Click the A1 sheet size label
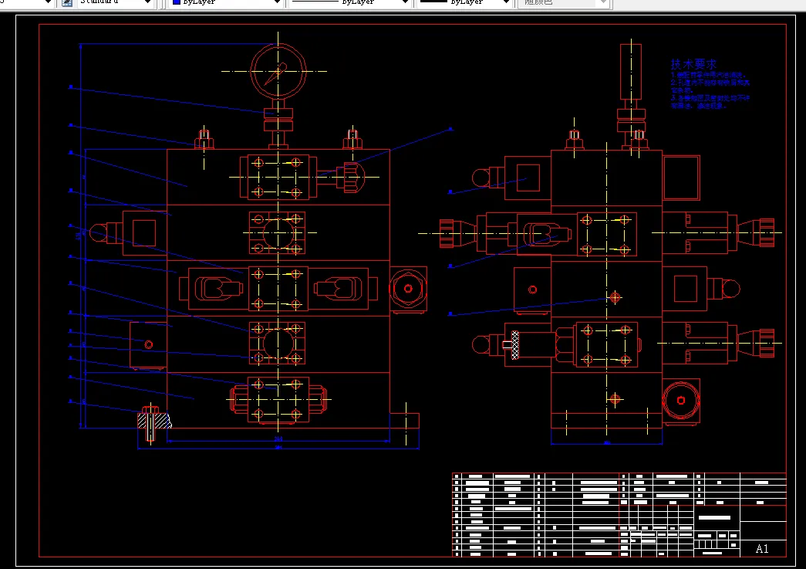[762, 549]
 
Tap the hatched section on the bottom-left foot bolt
[153, 421]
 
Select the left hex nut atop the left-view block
[204, 139]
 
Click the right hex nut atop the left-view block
[352, 139]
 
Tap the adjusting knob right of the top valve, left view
[352, 177]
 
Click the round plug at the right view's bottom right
[681, 401]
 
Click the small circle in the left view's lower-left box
[148, 344]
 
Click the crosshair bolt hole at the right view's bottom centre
[615, 399]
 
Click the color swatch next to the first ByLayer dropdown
[177, 3]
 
